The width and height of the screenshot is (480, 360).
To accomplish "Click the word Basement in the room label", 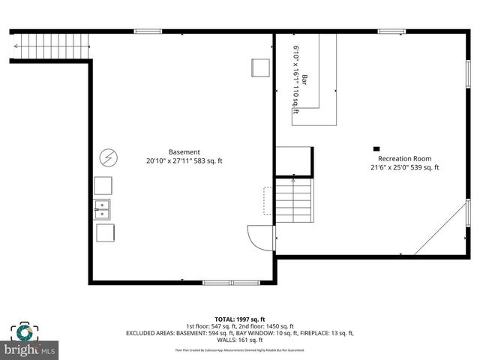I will tap(184, 151).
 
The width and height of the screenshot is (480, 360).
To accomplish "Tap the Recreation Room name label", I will tap(404, 158).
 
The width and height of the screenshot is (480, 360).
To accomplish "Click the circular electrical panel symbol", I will tap(109, 157).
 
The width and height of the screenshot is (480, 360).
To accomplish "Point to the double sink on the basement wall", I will tap(103, 209).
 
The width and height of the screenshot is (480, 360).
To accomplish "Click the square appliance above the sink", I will tap(103, 186).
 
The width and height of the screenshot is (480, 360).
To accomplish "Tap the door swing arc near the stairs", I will tap(259, 238).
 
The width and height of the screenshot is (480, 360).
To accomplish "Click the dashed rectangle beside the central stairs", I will tap(268, 201).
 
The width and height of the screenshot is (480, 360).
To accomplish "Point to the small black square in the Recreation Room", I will tap(376, 148).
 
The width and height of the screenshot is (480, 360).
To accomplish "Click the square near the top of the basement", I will tap(260, 67).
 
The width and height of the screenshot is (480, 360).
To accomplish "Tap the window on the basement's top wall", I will tap(148, 31).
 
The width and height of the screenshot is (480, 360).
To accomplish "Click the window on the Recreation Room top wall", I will tap(391, 31).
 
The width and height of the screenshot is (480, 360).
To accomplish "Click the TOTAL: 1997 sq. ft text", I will tap(239, 319).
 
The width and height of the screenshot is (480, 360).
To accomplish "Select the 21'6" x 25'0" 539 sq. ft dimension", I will tap(404, 168).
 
